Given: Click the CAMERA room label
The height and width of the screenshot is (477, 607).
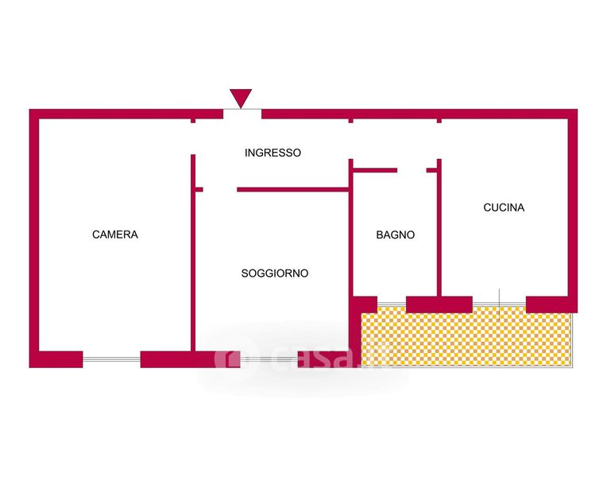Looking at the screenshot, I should (115, 235).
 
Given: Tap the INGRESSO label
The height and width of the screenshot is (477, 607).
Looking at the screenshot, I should (273, 153).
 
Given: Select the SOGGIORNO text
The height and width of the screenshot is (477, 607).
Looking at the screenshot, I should (275, 273).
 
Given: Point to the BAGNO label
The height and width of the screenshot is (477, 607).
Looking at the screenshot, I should (395, 235).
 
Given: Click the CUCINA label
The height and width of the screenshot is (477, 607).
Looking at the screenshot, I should (504, 208).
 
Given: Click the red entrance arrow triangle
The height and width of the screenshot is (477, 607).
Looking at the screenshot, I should (241, 98).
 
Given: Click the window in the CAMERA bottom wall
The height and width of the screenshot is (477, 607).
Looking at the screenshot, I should (111, 359).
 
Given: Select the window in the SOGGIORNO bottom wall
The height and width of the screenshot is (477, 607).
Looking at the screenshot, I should (269, 359).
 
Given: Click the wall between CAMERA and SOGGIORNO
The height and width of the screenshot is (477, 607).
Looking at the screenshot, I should (193, 262).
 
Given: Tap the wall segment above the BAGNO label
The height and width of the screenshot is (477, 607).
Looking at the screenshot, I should (374, 170).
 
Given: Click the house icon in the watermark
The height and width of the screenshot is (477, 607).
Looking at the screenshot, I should (227, 359).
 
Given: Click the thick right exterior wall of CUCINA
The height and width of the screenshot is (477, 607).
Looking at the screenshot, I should (573, 207).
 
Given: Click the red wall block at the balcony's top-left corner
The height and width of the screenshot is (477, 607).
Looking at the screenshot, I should (365, 304).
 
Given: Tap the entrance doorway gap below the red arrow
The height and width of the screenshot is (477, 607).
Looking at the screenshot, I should (242, 114).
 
